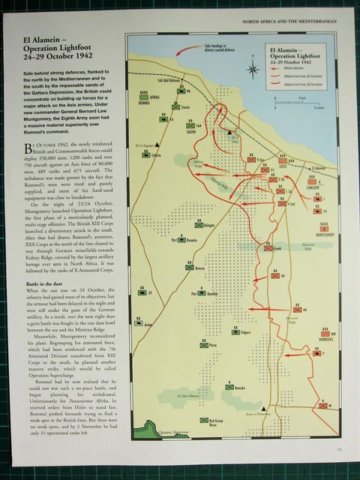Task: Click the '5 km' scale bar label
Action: click(x=300, y=97)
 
